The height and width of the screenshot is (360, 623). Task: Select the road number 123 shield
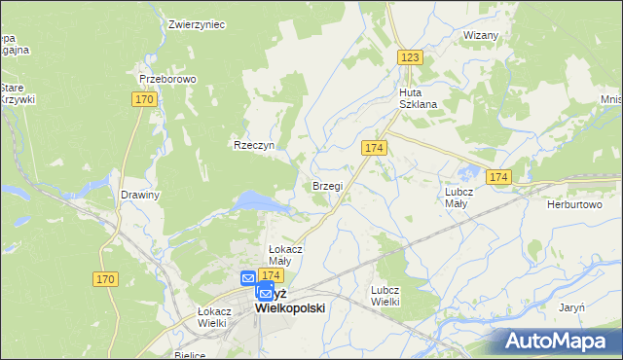click(x=410, y=58)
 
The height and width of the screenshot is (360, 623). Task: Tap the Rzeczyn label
click(x=254, y=145)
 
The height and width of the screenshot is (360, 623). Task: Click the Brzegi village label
click(x=327, y=185)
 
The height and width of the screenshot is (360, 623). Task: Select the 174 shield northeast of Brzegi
click(x=375, y=147)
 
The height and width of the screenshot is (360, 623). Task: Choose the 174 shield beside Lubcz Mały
click(x=499, y=177)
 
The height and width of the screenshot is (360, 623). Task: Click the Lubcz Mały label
click(x=458, y=198)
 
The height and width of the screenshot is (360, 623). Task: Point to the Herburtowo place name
click(x=575, y=204)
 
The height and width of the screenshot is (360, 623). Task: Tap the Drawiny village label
click(x=139, y=195)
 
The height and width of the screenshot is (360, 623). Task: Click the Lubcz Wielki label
click(x=385, y=296)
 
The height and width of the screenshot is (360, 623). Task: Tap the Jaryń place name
click(x=571, y=306)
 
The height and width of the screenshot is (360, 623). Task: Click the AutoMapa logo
click(x=559, y=341)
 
